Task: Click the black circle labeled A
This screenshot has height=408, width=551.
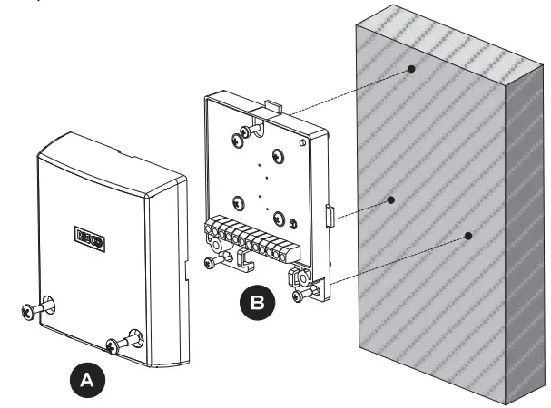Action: (x=87, y=378)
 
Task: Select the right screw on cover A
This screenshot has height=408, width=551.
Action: (x=116, y=345)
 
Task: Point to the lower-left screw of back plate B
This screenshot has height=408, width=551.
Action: (x=209, y=262)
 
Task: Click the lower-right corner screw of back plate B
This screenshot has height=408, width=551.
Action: (x=300, y=295)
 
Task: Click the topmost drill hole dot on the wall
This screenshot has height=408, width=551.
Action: (x=412, y=68)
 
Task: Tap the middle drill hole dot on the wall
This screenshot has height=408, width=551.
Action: (x=391, y=199)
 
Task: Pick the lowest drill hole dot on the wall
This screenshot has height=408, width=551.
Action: (x=468, y=236)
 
